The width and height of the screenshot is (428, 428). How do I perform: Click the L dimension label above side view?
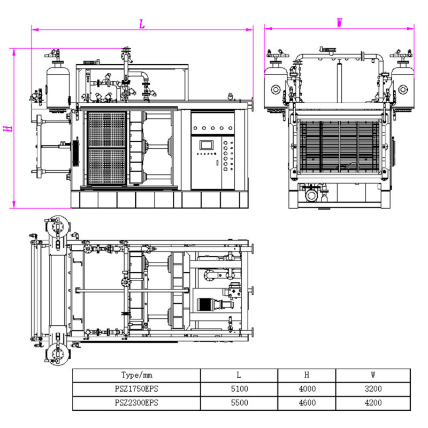(x=142, y=24)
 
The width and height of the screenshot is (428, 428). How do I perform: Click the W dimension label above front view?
(x=339, y=22)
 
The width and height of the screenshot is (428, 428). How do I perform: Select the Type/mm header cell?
(x=136, y=375)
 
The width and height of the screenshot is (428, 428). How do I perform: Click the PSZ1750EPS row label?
(x=136, y=389)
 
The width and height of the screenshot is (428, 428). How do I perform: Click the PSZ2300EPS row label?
(x=136, y=403)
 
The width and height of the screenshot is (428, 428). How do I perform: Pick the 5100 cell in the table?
(x=239, y=389)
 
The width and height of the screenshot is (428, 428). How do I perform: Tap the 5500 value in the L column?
(x=239, y=403)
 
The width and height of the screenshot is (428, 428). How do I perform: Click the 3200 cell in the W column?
(x=373, y=389)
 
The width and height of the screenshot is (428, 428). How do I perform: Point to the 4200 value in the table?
(x=373, y=403)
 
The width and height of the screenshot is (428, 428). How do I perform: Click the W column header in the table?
(x=373, y=375)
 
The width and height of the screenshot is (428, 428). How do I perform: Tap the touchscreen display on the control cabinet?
(x=206, y=145)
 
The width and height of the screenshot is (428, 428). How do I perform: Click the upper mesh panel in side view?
(x=106, y=129)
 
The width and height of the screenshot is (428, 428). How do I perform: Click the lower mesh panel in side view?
(x=106, y=166)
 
